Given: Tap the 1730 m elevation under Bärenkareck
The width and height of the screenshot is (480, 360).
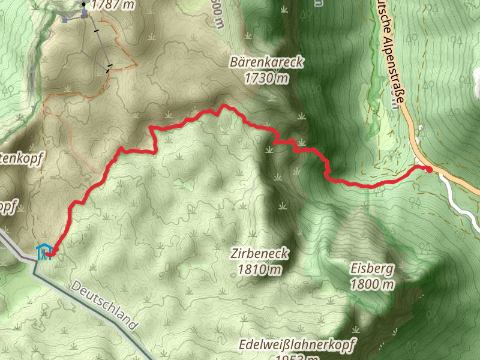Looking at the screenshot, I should [x=268, y=77].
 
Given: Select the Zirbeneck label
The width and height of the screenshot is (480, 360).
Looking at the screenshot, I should [x=259, y=254].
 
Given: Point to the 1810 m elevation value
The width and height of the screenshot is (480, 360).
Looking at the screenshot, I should [x=259, y=269].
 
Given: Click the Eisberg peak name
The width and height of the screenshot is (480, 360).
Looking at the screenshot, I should [x=372, y=268].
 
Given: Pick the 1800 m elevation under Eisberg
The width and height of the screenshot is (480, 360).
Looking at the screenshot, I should [x=372, y=284].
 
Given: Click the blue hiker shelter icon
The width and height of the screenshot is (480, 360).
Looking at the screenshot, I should [x=43, y=251].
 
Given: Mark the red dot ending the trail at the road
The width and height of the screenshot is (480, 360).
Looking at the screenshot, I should [x=430, y=169].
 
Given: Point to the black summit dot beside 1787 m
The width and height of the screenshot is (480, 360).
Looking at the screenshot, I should [x=83, y=4].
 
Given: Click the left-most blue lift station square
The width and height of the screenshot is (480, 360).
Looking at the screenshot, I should [x=65, y=20].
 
